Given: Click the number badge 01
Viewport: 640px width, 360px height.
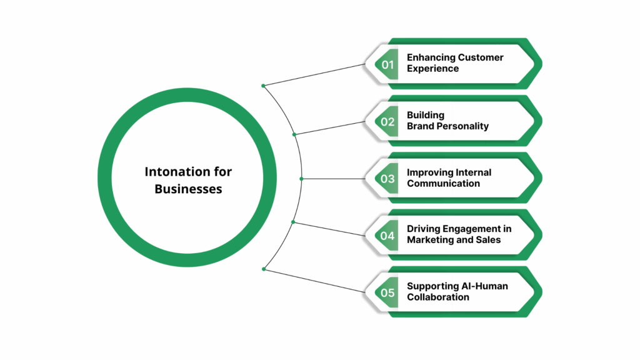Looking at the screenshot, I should (x=388, y=64).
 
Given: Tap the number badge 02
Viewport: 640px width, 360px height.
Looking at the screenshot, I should (x=388, y=122).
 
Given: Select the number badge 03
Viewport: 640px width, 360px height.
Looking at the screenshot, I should (x=388, y=179).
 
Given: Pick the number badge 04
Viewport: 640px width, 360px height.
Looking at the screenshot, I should (x=388, y=236).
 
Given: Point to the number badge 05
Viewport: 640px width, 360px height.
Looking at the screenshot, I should (x=388, y=292).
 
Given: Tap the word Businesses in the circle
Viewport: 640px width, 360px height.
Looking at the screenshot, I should (x=188, y=188).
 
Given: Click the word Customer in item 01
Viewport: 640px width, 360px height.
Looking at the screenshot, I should (x=480, y=57).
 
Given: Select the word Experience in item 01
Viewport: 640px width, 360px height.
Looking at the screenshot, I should (x=432, y=69).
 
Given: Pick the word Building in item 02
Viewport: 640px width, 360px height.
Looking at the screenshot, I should (x=426, y=115).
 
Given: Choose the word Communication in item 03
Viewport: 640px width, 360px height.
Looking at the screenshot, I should (x=443, y=184).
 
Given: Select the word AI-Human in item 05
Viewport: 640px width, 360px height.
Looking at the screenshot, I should (x=484, y=286).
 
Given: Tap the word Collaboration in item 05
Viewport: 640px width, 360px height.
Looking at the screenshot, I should (x=437, y=297).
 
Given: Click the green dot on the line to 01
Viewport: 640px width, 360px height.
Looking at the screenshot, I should (x=264, y=86).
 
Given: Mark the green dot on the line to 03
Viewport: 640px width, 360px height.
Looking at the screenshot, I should (x=301, y=179).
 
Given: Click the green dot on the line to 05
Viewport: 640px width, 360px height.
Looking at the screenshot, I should (x=264, y=269).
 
